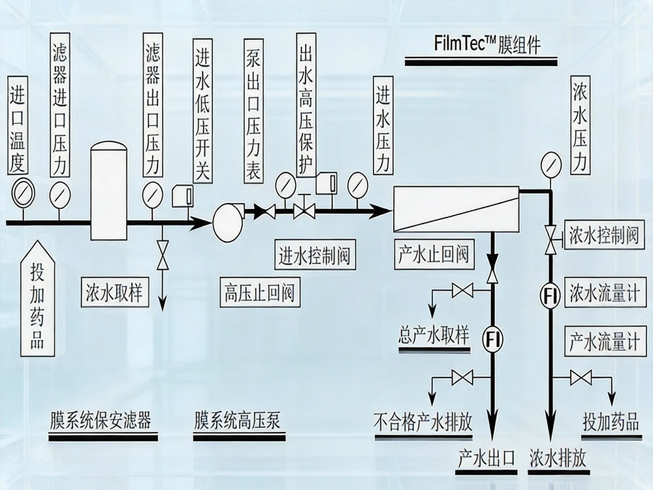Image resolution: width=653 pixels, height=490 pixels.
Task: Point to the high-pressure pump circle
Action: pyautogui.click(x=227, y=223)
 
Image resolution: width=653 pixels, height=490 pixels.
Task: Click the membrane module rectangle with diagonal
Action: pyautogui.click(x=455, y=208)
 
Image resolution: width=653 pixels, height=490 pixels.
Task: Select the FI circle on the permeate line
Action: pyautogui.click(x=493, y=338)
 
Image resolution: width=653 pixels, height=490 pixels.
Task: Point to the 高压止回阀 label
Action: pyautogui.click(x=259, y=291)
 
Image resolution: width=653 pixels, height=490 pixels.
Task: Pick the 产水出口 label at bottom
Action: pyautogui.click(x=486, y=457)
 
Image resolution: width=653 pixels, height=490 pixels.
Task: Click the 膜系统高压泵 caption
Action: pyautogui.click(x=237, y=420)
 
